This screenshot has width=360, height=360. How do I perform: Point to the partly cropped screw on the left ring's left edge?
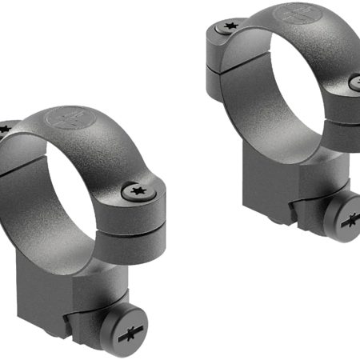click(3, 128)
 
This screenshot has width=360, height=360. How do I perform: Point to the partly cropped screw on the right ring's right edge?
click(356, 81)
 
